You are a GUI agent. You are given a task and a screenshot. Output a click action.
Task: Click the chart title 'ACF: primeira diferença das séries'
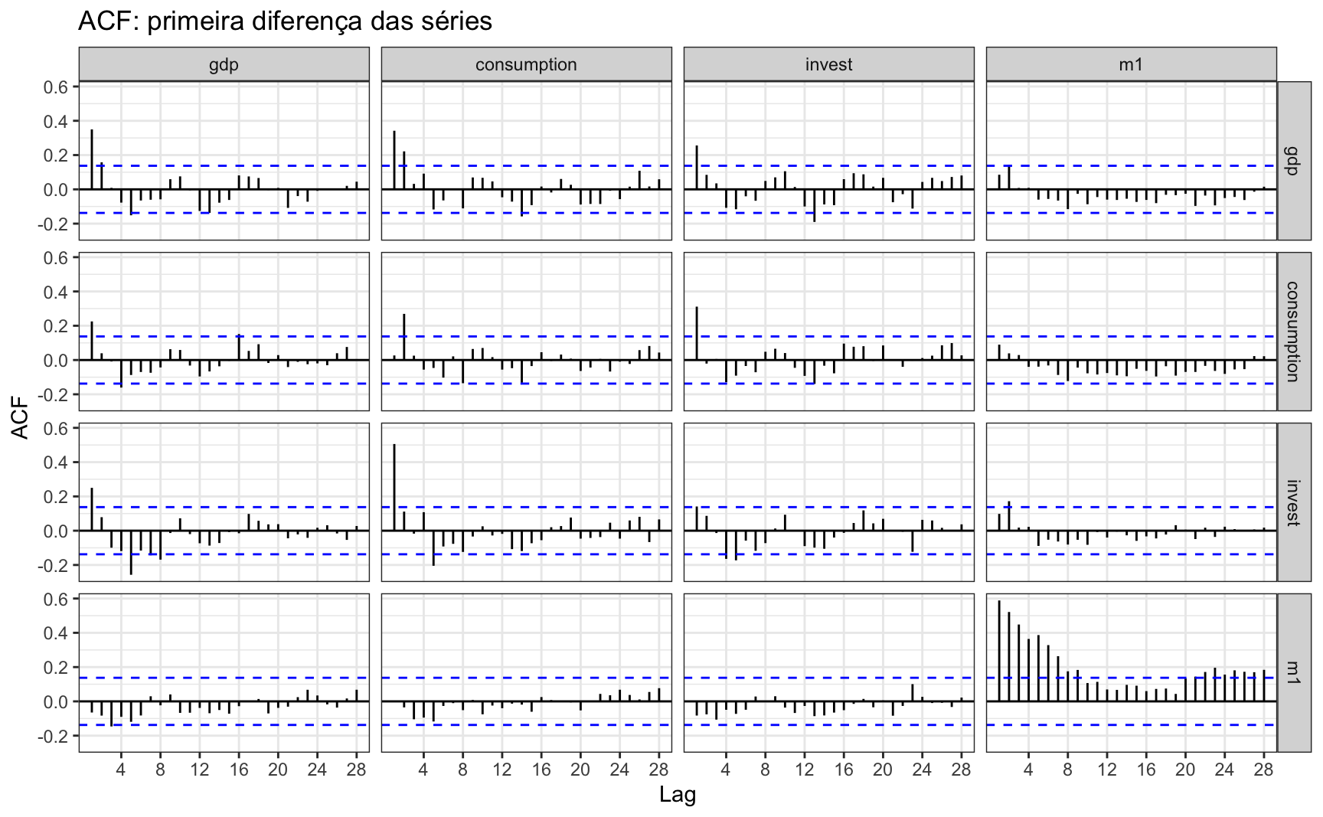(x=285, y=21)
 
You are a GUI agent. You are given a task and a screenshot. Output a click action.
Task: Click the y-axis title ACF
(x=21, y=417)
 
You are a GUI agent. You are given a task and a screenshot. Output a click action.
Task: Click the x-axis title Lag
(x=678, y=795)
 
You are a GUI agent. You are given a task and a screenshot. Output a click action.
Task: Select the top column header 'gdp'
(x=224, y=64)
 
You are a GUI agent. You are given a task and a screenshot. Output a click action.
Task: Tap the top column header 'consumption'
(x=526, y=64)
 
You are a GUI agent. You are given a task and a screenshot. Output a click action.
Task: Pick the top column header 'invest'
(x=828, y=64)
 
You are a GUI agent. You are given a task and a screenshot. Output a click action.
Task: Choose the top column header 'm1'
(x=1131, y=64)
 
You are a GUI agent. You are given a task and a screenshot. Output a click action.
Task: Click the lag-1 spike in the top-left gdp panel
(x=92, y=159)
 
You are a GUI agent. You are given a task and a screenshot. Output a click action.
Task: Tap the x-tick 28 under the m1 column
(x=1264, y=770)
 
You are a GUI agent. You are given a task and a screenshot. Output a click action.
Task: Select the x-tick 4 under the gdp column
(x=121, y=770)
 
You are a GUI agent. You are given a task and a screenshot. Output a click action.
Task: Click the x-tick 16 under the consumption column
(x=541, y=770)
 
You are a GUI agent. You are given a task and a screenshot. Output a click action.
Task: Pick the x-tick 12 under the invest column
(x=805, y=770)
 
